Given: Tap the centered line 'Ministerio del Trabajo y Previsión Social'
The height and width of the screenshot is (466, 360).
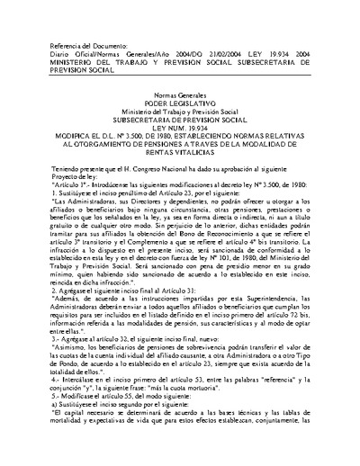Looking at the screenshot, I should (x=179, y=112).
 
